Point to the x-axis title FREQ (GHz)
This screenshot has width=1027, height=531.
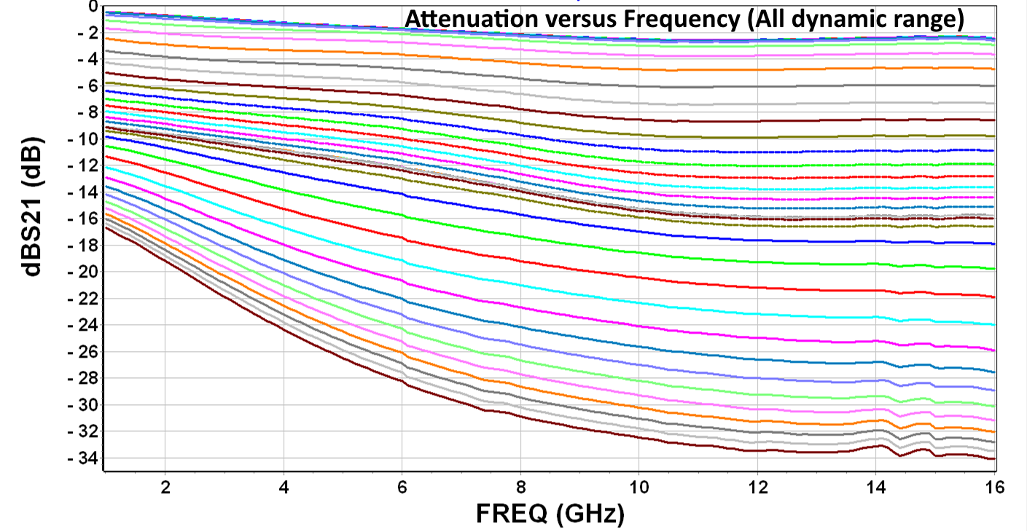(550, 514)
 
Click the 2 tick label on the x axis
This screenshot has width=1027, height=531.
(165, 487)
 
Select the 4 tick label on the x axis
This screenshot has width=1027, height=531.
(284, 487)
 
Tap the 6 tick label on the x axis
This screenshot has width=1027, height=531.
(402, 487)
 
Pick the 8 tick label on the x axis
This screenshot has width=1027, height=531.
(520, 487)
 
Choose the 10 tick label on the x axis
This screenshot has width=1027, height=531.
(639, 487)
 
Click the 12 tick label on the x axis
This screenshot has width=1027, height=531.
(757, 487)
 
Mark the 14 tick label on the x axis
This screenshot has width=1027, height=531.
(875, 487)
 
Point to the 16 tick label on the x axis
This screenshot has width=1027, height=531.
(993, 487)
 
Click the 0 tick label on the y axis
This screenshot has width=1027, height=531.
(92, 7)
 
